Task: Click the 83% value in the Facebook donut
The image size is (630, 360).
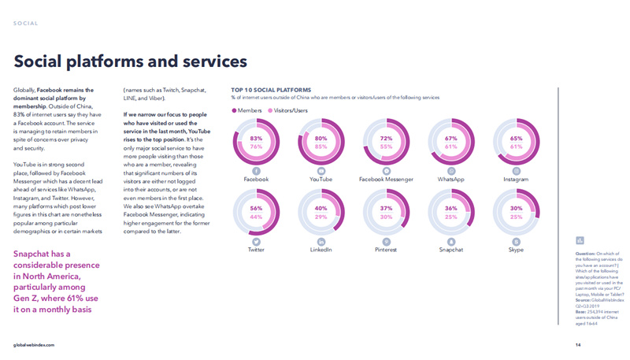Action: (256, 139)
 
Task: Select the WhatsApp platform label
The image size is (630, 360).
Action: (451, 180)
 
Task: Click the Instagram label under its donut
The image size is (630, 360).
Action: (517, 180)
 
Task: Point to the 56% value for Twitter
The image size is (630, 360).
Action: (256, 209)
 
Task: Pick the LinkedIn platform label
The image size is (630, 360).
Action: (321, 250)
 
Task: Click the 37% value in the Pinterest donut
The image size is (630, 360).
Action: (386, 209)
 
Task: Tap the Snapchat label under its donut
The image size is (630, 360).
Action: (451, 250)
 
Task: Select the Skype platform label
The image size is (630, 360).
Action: (517, 250)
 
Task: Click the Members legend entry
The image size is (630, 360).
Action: (250, 111)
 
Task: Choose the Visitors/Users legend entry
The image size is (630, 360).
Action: (289, 111)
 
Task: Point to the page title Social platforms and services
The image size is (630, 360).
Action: (131, 61)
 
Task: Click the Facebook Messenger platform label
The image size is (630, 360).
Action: (386, 180)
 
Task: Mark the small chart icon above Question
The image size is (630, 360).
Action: (580, 240)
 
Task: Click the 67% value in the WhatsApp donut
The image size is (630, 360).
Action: (451, 139)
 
